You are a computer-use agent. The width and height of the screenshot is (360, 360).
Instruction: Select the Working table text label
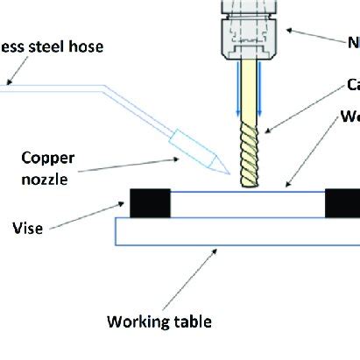[x=159, y=321]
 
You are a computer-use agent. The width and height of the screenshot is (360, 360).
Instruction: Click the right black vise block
[x=342, y=202]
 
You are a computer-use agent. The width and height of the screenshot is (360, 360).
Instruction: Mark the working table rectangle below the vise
[x=236, y=231]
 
